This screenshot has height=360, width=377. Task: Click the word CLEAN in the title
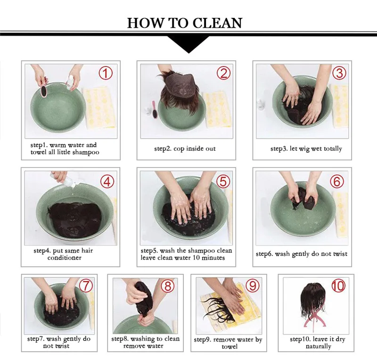217,23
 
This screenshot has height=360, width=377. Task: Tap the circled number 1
106,73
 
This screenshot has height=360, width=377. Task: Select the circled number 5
223,181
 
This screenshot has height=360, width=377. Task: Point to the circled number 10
338,286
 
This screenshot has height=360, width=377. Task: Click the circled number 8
167,286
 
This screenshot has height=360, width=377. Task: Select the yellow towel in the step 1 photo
99,108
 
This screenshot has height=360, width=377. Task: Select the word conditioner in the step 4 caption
65,258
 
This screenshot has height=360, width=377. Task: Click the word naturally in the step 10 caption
319,346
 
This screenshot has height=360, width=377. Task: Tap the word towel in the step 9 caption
229,346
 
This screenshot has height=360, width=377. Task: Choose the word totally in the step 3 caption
333,149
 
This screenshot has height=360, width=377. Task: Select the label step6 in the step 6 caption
264,254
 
